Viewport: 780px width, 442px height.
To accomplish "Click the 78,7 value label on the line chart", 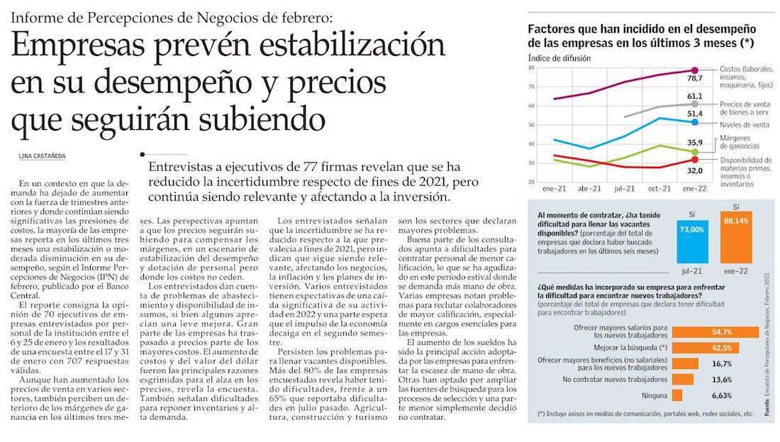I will point(694,79).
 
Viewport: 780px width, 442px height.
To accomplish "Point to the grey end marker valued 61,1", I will point(694,104).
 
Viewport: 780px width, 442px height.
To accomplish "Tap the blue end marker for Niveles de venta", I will point(694,122).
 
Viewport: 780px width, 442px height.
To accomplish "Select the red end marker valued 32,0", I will point(694,160).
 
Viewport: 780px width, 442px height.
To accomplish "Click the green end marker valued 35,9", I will point(694,152).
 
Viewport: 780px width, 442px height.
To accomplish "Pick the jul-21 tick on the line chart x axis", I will point(624,189).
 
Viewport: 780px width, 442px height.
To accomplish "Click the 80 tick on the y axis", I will point(533,67).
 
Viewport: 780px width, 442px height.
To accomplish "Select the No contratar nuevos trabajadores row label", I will point(612,380).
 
